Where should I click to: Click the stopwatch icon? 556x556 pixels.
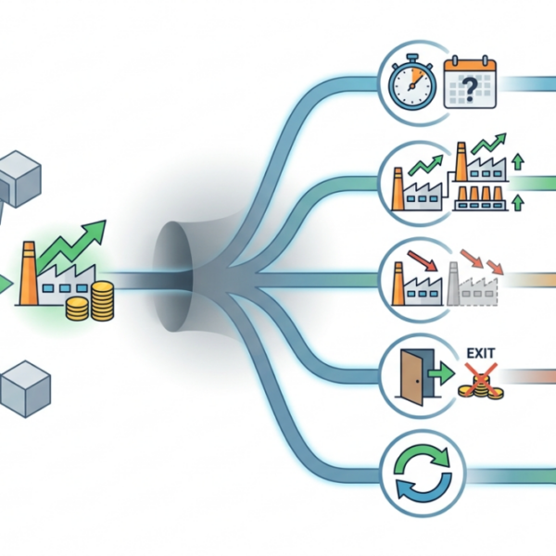(x=412, y=82)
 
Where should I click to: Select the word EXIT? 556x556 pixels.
(x=480, y=353)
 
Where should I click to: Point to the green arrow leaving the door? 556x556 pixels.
(x=441, y=373)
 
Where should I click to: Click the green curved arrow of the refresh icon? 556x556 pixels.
(x=422, y=459)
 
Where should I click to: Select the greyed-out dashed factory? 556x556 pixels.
(x=473, y=284)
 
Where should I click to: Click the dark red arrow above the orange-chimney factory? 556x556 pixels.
(x=423, y=260)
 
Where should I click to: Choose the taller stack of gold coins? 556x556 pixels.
(x=103, y=300)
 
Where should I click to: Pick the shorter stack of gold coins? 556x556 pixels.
(x=77, y=309)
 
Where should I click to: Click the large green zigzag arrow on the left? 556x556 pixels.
(x=71, y=245)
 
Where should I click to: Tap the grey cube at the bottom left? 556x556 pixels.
(x=26, y=389)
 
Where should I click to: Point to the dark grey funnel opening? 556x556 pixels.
(x=172, y=276)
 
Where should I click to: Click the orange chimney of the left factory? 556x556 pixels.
(x=29, y=273)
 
